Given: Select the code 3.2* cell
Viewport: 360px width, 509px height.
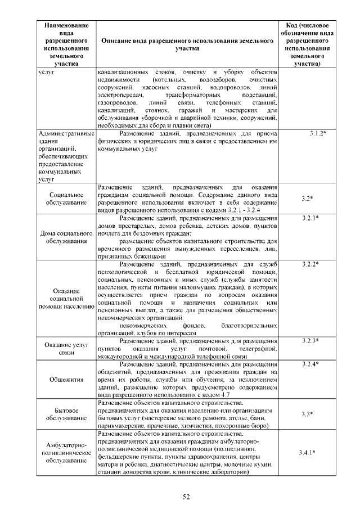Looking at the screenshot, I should click(x=307, y=199).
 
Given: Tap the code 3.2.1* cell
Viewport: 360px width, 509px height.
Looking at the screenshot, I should click(x=307, y=218).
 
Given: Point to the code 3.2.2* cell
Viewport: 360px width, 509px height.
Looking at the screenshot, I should click(x=307, y=264).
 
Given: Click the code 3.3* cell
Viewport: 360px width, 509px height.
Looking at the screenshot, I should click(x=307, y=415).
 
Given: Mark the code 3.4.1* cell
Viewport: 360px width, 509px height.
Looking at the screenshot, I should click(x=307, y=453).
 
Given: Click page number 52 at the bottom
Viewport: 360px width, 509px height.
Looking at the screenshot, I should click(x=186, y=496).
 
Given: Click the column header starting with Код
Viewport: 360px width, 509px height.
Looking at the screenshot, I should click(x=307, y=45).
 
